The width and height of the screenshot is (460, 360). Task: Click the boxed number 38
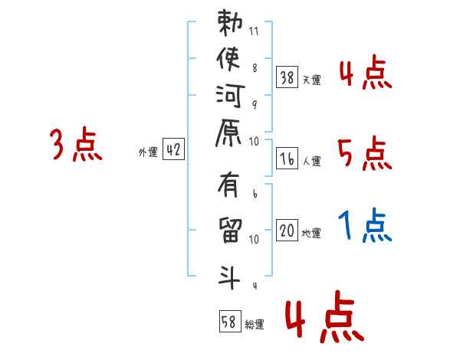(x=287, y=77)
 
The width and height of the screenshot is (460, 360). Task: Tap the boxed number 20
(x=287, y=231)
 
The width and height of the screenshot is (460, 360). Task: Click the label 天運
(x=311, y=80)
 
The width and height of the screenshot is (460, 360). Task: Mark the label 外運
(x=148, y=152)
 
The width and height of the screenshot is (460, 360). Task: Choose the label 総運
(x=255, y=325)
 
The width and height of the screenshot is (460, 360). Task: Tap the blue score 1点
(x=364, y=226)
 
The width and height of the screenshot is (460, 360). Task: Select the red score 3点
(x=77, y=146)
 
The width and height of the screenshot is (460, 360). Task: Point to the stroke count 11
(x=255, y=32)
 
